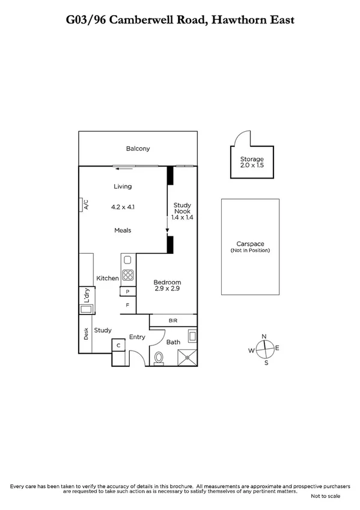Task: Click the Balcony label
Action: click(138, 149)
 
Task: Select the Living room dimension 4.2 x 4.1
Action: click(123, 207)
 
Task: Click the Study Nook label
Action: click(182, 209)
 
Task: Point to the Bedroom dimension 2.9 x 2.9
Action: click(166, 289)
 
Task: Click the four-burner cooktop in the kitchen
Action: click(128, 275)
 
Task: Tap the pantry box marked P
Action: click(128, 292)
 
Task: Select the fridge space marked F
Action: click(127, 306)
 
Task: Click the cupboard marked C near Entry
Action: click(118, 345)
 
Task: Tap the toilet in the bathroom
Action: click(159, 357)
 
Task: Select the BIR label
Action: click(172, 321)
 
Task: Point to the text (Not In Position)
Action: click(250, 250)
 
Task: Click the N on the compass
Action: click(263, 337)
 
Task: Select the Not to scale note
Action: click(325, 496)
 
